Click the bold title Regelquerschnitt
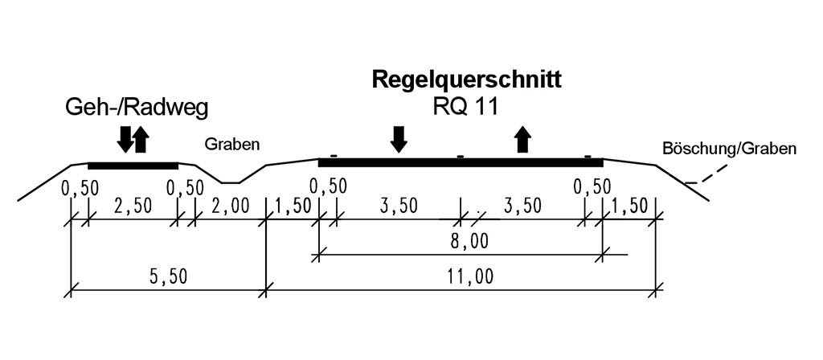(465, 80)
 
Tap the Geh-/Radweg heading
(141, 108)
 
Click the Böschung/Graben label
(729, 149)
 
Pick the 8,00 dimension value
(469, 242)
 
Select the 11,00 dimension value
(469, 276)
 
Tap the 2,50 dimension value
(132, 206)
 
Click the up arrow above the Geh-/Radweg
(141, 139)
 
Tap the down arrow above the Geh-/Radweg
(125, 139)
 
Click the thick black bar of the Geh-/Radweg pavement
(133, 166)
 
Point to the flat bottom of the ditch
(230, 182)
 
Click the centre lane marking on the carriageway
(460, 156)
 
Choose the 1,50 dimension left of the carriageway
(292, 206)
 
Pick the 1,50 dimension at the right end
(629, 206)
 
